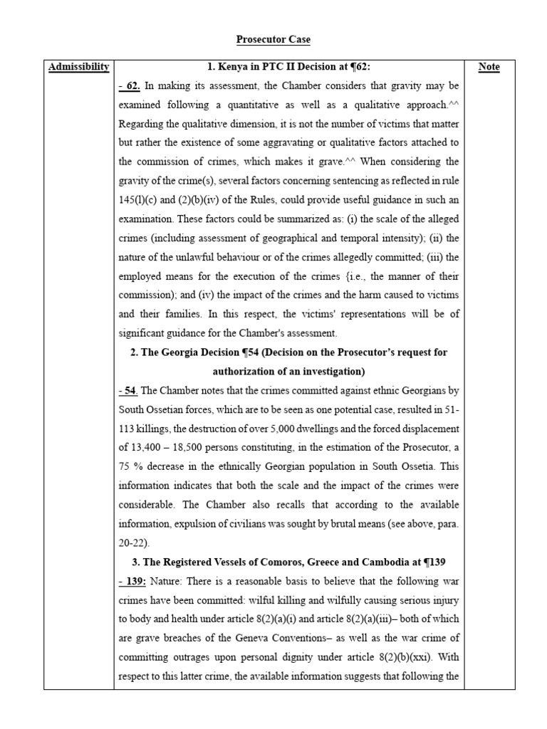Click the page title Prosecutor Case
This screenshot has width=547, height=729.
274,40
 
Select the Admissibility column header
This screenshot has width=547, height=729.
78,67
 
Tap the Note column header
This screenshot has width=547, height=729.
489,67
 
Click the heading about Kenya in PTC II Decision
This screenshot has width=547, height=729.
288,67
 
